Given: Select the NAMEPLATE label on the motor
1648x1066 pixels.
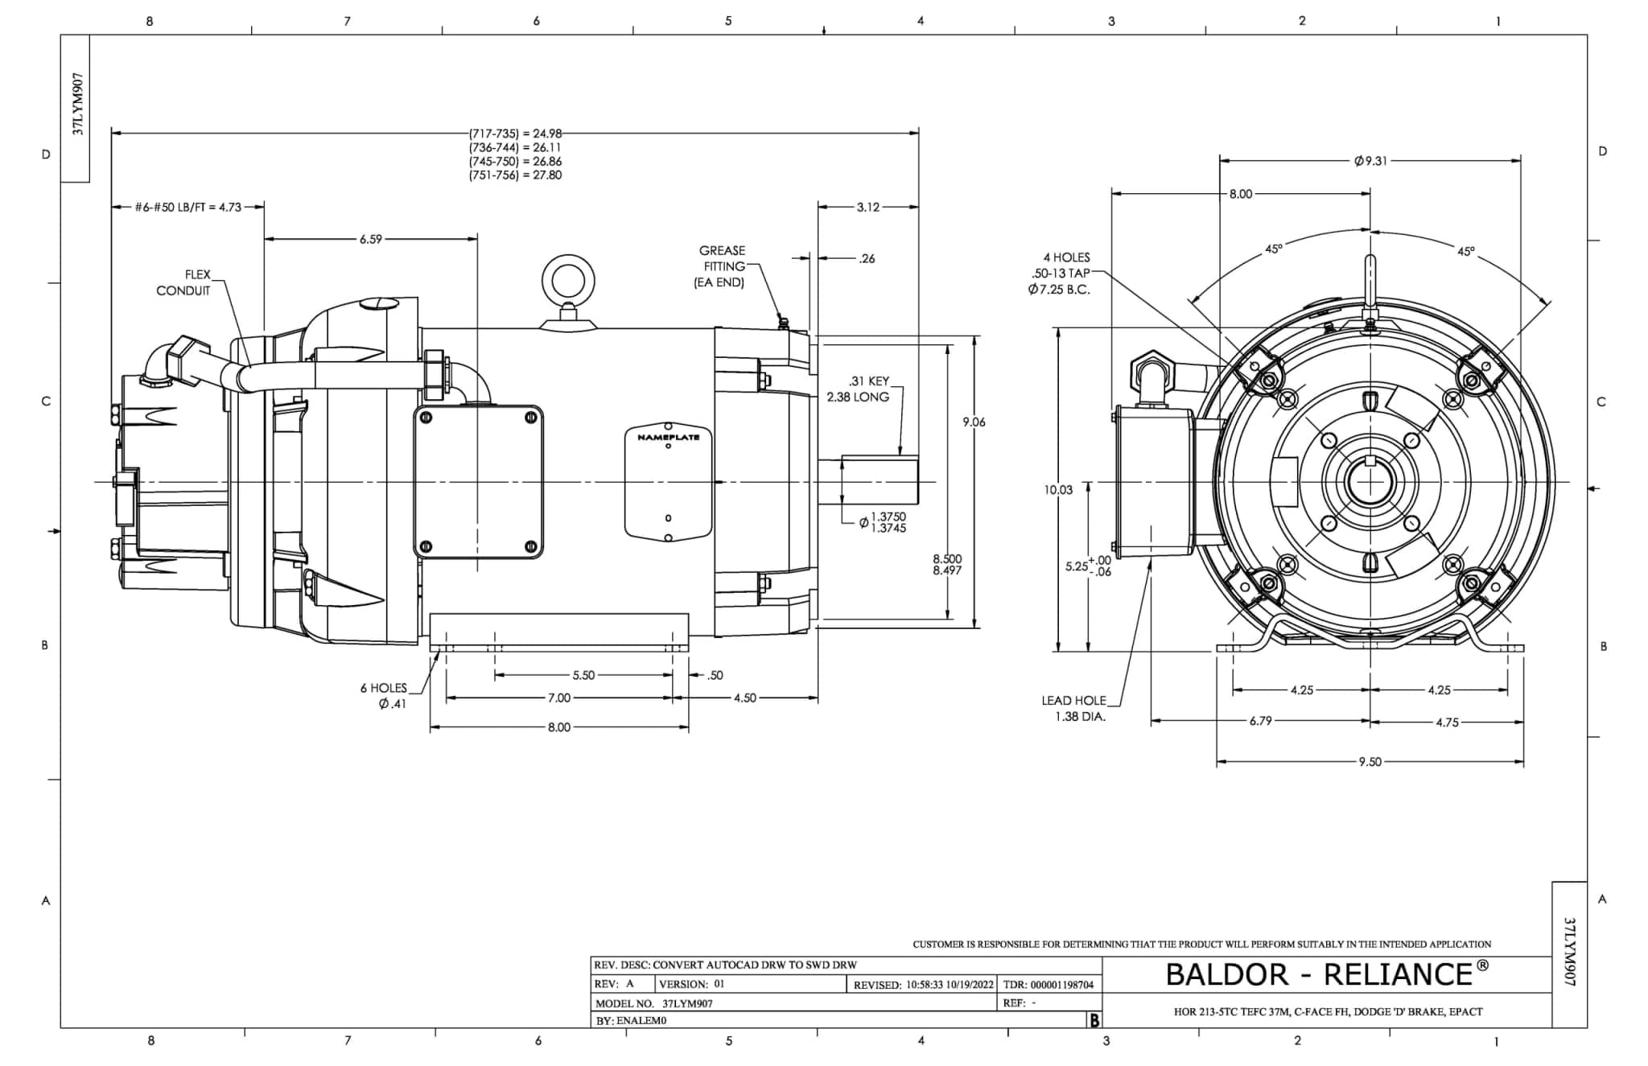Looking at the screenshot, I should [x=668, y=438].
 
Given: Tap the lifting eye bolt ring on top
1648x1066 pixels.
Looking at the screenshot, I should [x=569, y=282].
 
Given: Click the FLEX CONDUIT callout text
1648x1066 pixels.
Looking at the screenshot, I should [x=184, y=282].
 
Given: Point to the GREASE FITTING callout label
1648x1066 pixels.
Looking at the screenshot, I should [x=721, y=266].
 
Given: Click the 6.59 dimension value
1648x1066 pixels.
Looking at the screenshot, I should [x=371, y=239].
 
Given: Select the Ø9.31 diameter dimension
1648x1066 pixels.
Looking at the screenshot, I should [x=1370, y=161].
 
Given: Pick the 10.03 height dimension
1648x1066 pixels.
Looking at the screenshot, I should [x=1059, y=489].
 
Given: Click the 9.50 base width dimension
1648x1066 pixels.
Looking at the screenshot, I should [x=1370, y=762].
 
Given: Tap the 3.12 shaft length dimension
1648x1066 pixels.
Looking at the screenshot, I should [x=868, y=207].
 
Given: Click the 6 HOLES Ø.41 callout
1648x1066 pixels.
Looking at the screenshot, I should [x=385, y=696].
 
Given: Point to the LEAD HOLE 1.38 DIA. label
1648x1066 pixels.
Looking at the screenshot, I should [x=1075, y=709].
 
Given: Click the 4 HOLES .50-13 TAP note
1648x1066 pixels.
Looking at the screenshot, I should [x=1061, y=274].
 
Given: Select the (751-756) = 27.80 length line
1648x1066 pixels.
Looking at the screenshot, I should [x=515, y=175].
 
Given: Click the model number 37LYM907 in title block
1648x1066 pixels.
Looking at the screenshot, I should [x=687, y=1003].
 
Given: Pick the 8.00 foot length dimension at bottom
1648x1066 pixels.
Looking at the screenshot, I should [x=558, y=727].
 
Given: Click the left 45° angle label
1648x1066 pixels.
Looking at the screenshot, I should [x=1273, y=249].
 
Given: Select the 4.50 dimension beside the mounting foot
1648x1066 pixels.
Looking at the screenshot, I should [x=745, y=698].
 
